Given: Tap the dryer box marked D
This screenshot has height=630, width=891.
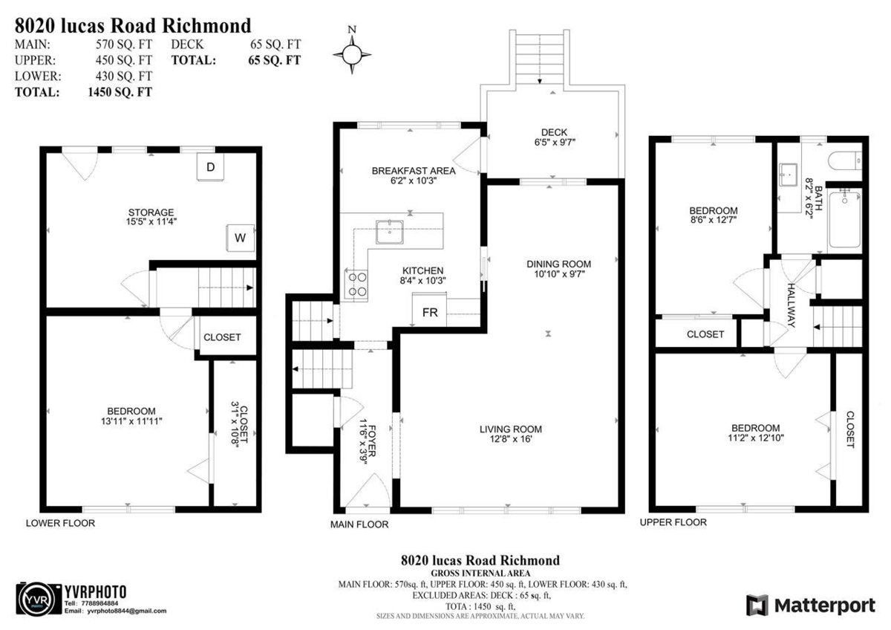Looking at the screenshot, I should coord(210,168).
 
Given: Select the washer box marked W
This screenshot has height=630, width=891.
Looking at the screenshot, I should coord(240,238).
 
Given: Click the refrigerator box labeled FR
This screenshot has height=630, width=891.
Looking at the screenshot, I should coord(430,313).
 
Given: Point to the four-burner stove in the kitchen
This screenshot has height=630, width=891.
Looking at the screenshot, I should coord(356,285).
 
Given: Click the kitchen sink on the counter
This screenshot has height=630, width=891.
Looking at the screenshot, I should coord(390,232).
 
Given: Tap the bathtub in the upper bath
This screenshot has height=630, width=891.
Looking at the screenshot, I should coord(844,221).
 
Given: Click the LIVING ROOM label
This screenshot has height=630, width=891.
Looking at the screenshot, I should coord(510,429).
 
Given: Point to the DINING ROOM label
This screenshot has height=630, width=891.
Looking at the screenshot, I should coord(558,264).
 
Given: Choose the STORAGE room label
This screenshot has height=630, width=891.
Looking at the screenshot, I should coord(150,212).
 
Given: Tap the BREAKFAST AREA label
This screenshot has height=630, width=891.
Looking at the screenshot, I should coord(414,170).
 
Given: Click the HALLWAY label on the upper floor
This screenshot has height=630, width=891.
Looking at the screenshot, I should coord(792,305).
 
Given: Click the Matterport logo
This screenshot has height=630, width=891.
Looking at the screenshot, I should coord(810,605).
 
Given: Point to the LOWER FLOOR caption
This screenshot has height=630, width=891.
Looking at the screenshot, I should coord(60,523).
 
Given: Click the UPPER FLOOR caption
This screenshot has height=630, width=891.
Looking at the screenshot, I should coord(673,523).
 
